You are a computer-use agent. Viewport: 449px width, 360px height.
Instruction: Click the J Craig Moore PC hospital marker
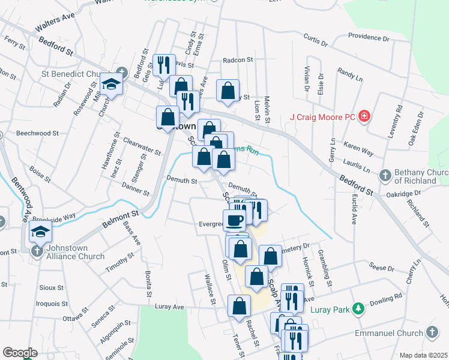pos(364,116)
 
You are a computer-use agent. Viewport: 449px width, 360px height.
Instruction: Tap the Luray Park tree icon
pos(358,308)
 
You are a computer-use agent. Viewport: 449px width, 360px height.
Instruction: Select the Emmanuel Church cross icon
pos(432,332)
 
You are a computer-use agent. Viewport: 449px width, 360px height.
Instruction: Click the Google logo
pos(20,353)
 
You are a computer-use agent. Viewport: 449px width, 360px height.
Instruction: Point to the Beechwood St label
pos(37,133)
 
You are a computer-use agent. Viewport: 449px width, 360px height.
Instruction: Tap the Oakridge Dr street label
pos(404,194)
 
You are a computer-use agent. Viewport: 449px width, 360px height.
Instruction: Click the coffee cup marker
pos(234,219)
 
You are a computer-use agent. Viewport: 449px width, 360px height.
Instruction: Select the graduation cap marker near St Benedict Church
pos(111,84)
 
